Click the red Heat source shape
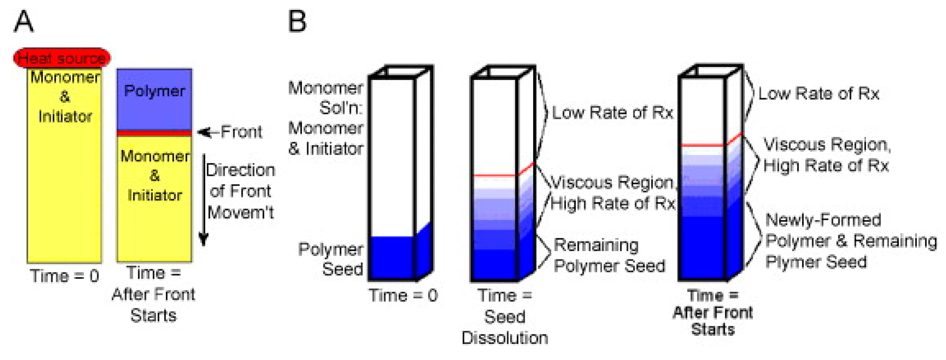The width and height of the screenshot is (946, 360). [62, 58]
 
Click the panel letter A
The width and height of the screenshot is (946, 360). [23, 22]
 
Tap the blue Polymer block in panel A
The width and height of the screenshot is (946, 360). [154, 99]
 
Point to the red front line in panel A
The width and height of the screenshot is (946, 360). [154, 133]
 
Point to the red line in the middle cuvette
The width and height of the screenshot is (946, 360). [495, 176]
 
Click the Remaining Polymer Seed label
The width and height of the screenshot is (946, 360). [609, 256]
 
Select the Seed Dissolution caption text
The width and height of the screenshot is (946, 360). [504, 327]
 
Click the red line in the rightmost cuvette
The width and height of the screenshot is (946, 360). [702, 145]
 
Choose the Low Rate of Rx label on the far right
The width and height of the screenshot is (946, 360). [818, 94]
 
